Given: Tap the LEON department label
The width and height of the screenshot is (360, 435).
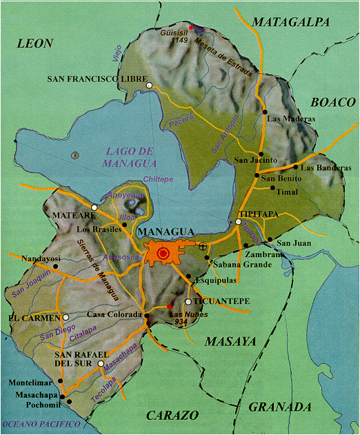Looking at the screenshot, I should click(35, 43).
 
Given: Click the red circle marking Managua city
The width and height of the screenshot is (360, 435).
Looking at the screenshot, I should click(163, 254).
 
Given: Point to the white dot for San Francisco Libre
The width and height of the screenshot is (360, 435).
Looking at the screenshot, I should click(149, 85).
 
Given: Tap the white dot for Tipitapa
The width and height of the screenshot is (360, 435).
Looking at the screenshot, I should click(238, 222).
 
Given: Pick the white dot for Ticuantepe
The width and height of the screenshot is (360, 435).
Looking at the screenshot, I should click(188, 301).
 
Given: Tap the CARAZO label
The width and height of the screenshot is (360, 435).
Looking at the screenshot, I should click(172, 415).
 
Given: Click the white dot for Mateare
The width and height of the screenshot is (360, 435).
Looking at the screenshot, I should click(94, 207).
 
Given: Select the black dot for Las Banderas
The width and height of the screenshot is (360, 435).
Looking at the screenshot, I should click(295, 167).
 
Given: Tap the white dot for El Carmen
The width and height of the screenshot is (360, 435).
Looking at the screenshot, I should click(66, 318).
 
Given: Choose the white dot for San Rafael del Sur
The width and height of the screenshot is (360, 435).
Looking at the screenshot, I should click(101, 363).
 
